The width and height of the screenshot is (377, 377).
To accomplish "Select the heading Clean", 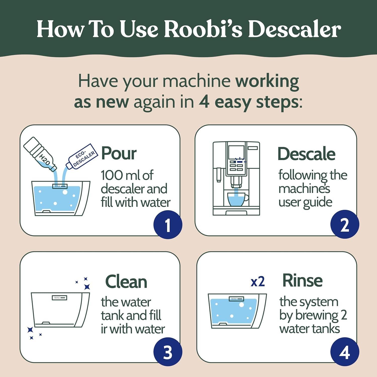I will coord(126,281).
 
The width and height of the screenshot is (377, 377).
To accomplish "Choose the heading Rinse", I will coord(302,280).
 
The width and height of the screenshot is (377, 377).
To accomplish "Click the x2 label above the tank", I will coord(258,282).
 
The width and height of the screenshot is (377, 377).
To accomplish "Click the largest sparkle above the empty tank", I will coord(87,287).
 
